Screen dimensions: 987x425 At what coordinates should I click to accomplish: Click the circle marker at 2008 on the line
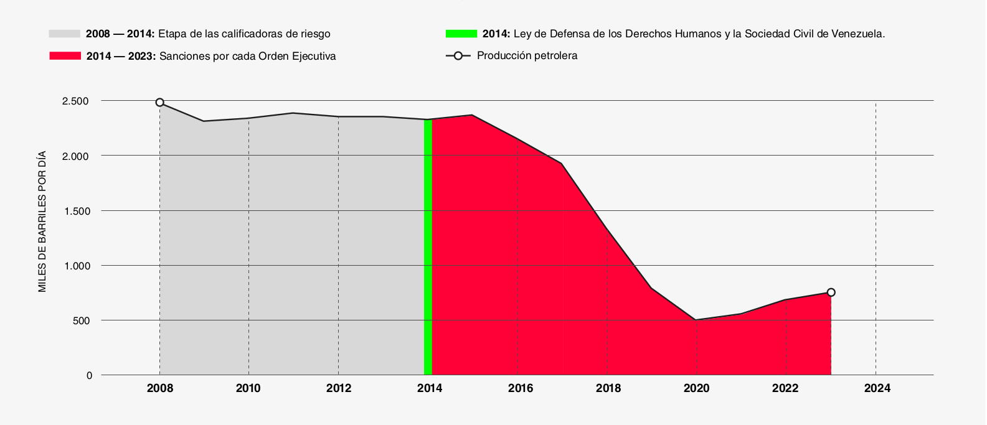160,102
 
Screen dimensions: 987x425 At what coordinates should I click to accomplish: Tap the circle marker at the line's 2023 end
831,292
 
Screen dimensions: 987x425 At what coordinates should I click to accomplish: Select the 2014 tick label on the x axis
430,388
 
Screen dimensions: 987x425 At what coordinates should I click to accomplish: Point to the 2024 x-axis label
877,388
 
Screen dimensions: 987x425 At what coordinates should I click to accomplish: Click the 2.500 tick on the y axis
75,101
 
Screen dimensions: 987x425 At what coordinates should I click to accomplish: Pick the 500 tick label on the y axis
81,320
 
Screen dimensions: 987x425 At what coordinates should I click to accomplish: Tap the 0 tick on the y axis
90,376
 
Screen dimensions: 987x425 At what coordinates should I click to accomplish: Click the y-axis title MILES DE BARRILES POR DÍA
42,222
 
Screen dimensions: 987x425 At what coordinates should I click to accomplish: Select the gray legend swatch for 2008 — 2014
64,34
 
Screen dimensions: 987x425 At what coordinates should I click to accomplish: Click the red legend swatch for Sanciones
65,55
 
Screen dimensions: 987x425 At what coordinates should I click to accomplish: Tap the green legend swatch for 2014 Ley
461,34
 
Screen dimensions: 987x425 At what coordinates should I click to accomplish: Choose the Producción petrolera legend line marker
458,56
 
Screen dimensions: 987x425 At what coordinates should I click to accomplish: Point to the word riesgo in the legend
316,34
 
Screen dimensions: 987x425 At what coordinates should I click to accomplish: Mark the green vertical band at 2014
428,246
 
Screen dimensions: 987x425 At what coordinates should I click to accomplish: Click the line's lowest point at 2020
696,320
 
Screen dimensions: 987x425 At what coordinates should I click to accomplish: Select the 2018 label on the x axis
608,388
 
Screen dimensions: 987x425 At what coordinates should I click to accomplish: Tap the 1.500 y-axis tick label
77,211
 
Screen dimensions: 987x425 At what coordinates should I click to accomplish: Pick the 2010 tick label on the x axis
248,388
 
